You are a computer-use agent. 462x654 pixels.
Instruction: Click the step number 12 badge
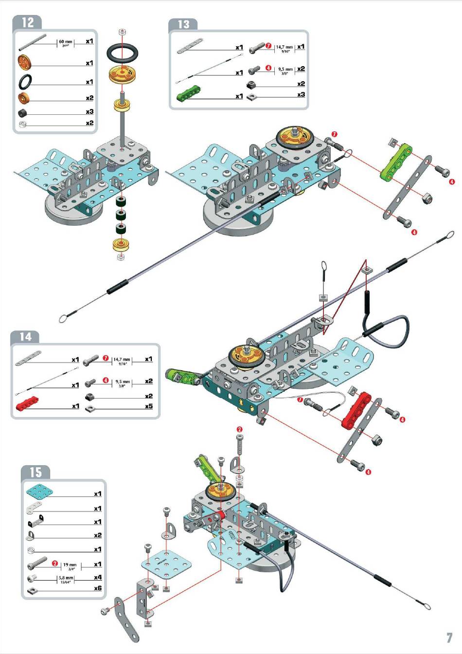(x=28, y=22)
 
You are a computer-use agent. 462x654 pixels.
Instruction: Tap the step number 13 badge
(x=183, y=24)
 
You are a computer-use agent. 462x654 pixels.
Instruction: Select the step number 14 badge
(x=25, y=337)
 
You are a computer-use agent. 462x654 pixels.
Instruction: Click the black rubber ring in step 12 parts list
(x=25, y=80)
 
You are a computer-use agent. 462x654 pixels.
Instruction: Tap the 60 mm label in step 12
(x=65, y=42)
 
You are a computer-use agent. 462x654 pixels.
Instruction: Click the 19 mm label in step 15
(x=70, y=565)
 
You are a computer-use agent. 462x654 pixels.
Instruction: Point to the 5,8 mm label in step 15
(x=66, y=579)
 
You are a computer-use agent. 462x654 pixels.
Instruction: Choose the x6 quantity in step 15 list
(x=98, y=588)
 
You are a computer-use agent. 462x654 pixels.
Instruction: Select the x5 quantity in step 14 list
(x=149, y=406)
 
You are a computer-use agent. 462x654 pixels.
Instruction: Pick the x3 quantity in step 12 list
(x=89, y=112)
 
